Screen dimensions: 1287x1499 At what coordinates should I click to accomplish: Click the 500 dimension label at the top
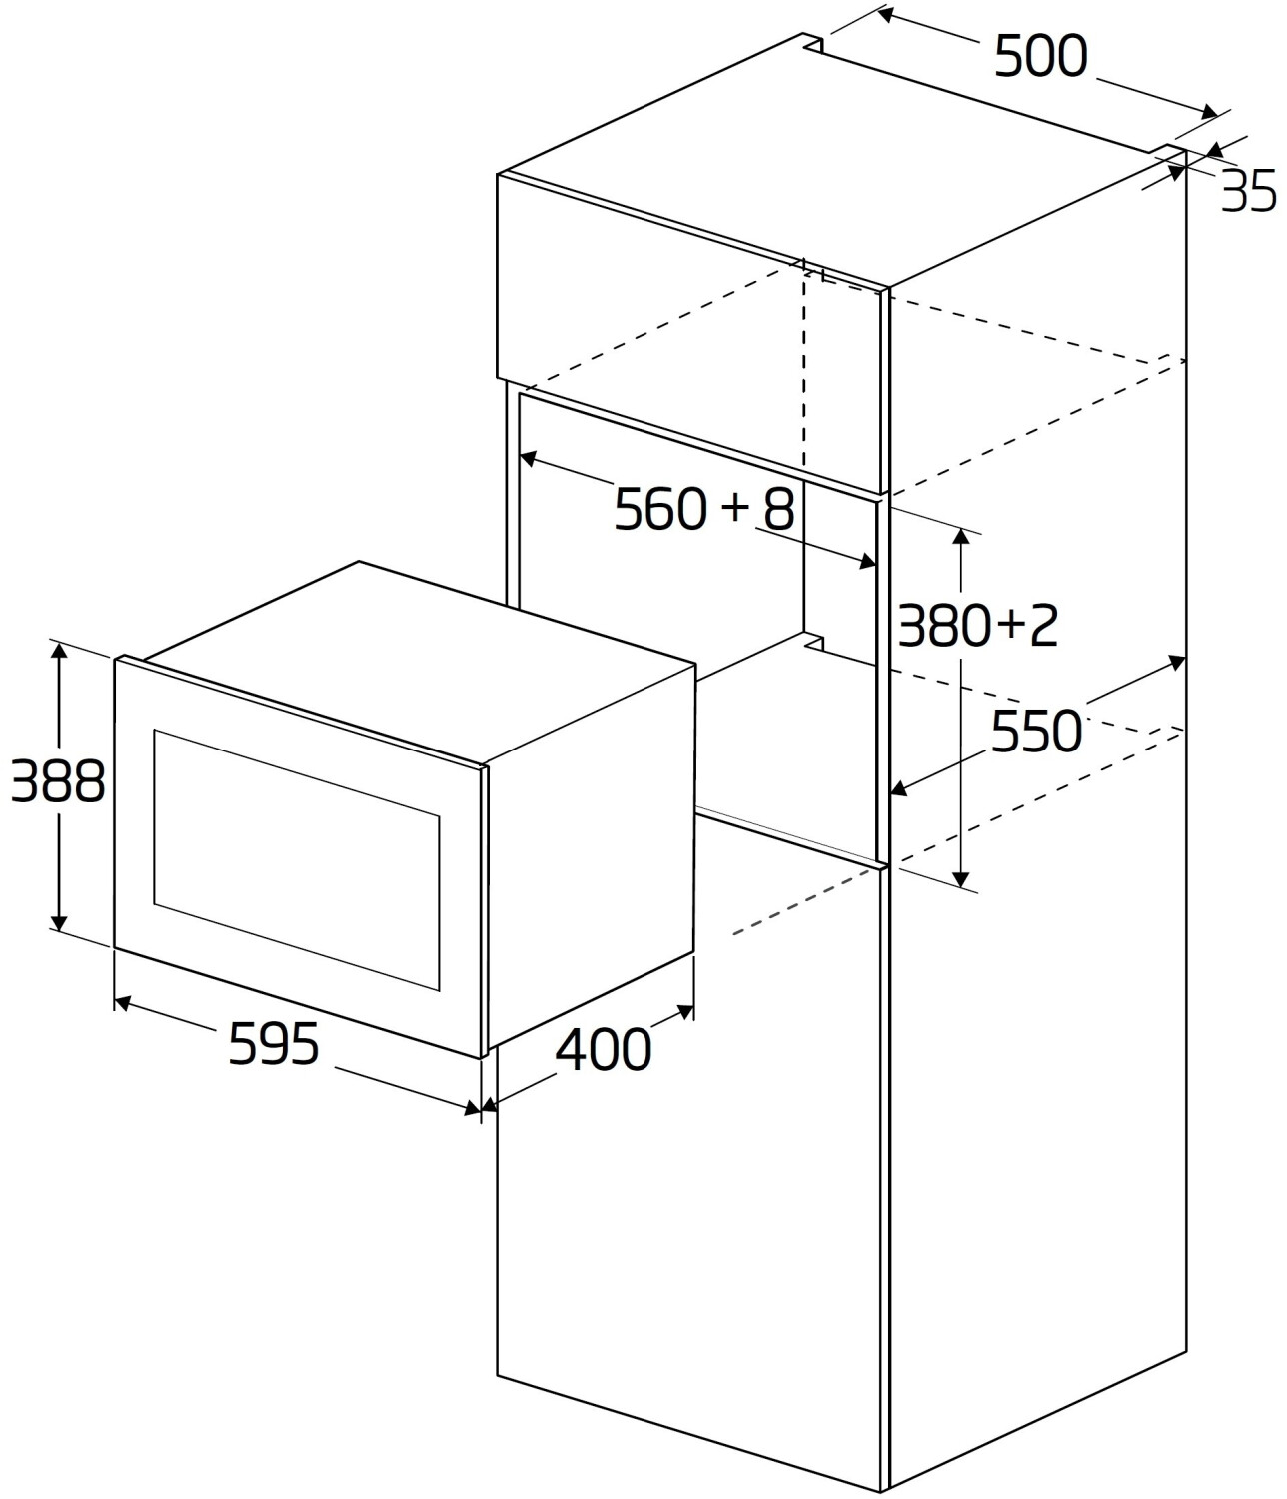click(1040, 57)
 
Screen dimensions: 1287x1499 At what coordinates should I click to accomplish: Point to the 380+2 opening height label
click(976, 627)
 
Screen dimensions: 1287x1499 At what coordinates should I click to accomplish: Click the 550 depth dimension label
click(1036, 732)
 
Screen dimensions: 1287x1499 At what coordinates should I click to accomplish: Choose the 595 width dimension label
click(274, 1045)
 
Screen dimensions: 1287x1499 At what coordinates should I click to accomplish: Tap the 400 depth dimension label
click(603, 1049)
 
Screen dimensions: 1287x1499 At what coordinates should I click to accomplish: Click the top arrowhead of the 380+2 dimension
click(961, 535)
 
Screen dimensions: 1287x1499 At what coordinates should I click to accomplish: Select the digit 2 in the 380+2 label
click(1042, 627)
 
